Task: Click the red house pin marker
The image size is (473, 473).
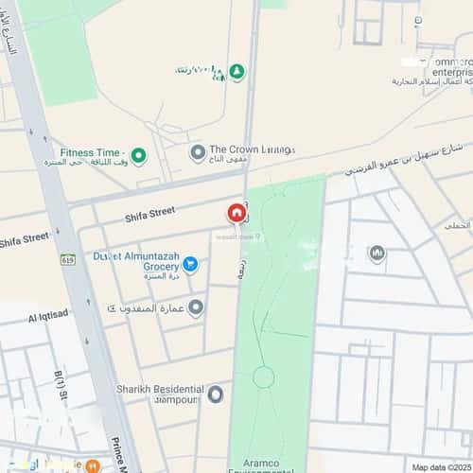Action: (x=234, y=214)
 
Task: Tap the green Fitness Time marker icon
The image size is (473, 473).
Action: (x=138, y=153)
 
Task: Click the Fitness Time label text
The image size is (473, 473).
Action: (x=91, y=152)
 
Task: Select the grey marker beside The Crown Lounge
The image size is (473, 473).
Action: (x=197, y=152)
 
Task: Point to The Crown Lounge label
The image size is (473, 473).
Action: (x=252, y=149)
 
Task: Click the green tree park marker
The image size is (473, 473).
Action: (x=236, y=72)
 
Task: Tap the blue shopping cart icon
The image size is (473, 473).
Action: (x=189, y=264)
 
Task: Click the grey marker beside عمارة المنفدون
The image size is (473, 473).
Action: (x=195, y=307)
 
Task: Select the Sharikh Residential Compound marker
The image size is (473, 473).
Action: (x=216, y=394)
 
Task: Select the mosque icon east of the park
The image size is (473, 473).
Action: (x=377, y=254)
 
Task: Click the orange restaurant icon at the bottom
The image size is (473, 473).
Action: (x=93, y=466)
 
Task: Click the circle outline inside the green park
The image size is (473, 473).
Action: (x=263, y=377)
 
